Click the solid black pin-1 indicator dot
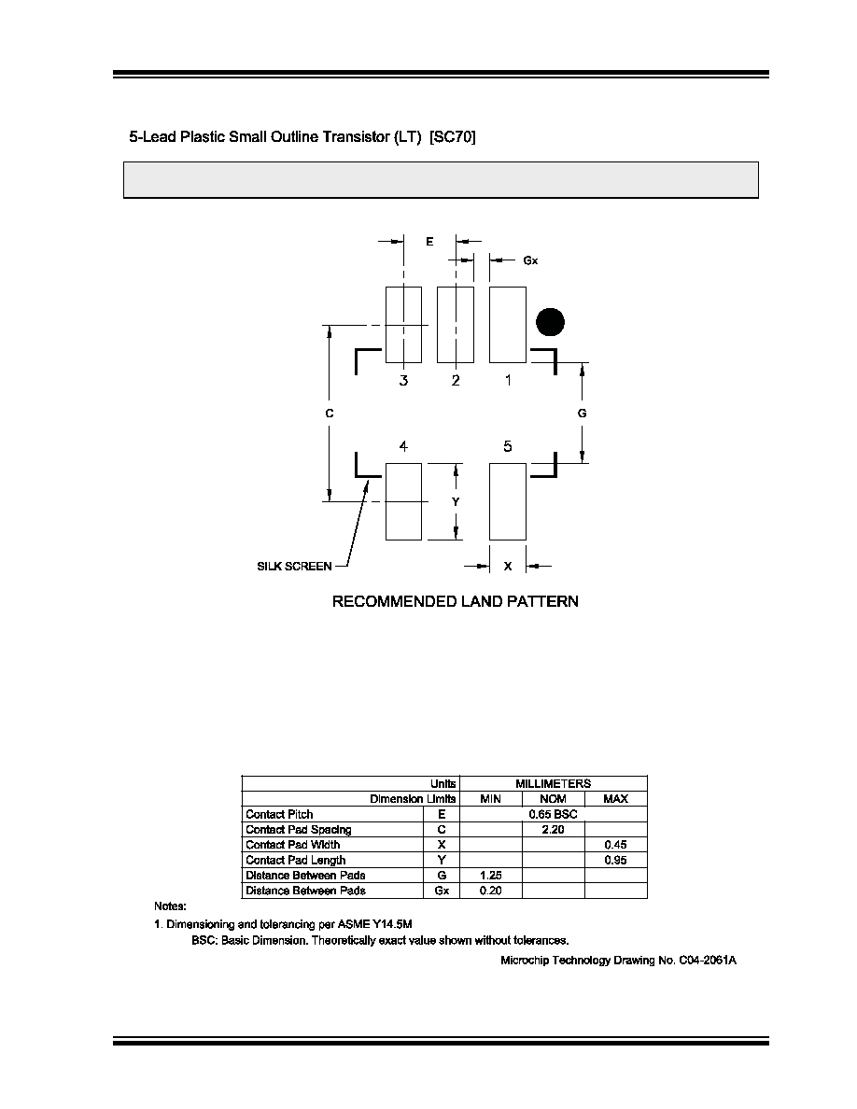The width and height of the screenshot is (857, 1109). coord(550,322)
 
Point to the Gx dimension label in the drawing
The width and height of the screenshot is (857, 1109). coord(530,261)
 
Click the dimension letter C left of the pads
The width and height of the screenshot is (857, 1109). coord(330,413)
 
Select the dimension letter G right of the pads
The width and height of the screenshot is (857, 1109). coord(582,413)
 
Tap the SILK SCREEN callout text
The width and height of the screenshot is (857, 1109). coord(294,566)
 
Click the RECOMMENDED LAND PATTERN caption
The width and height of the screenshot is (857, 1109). coord(456,601)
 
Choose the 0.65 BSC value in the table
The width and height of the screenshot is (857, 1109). coord(553,814)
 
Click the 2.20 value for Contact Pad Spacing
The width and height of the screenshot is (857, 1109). coord(553,830)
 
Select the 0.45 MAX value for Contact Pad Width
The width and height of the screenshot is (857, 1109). coord(616,845)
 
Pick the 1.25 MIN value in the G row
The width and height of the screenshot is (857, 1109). coord(491,876)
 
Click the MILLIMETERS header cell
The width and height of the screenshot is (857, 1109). coord(553,783)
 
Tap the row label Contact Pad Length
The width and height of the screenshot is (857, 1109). coord(296,860)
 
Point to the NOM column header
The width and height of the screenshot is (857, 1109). coord(553,798)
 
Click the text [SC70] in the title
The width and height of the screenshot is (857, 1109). coord(453,136)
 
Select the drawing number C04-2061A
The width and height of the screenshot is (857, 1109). coord(708,960)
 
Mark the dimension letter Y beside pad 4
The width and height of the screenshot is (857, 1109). coord(457,501)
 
